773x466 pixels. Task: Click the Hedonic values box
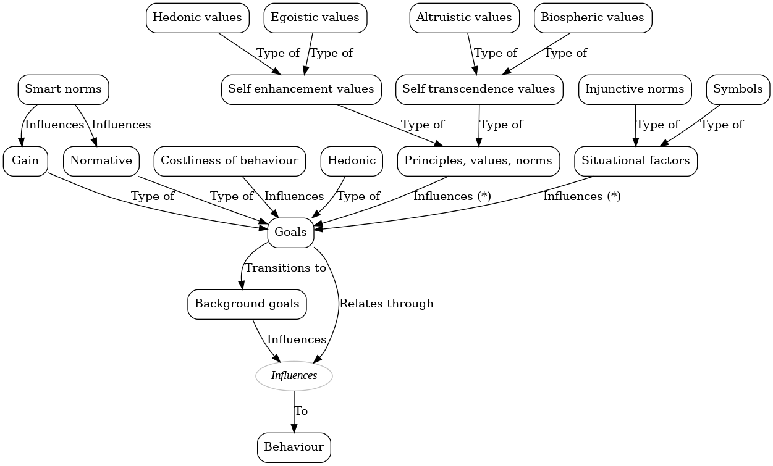[x=197, y=17]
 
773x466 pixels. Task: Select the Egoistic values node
[x=315, y=17]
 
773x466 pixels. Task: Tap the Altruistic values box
[x=464, y=17]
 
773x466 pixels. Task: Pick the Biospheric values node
[x=593, y=17]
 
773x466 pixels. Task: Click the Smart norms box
[x=63, y=89]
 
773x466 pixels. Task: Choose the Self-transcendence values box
[x=479, y=89]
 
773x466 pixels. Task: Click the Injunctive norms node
[x=635, y=89]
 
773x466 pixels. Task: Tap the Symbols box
[x=738, y=89]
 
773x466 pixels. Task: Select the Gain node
[x=25, y=160]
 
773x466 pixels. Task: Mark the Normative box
[x=101, y=160]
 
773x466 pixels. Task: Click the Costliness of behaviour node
[x=229, y=160]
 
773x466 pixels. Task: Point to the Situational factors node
[x=635, y=160]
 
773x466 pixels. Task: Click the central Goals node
[x=290, y=232]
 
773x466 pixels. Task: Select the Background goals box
[x=247, y=304]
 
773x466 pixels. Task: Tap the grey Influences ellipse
[x=294, y=375]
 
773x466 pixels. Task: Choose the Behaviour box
[x=294, y=447]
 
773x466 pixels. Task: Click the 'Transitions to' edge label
[x=285, y=268]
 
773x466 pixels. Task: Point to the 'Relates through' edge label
[x=386, y=304]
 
